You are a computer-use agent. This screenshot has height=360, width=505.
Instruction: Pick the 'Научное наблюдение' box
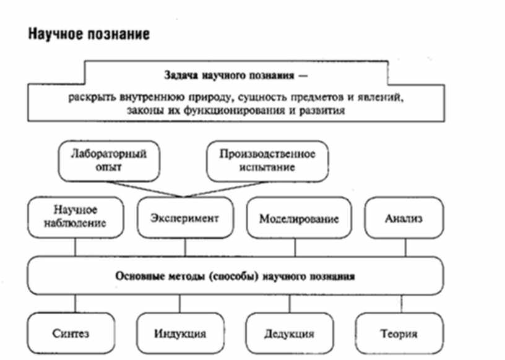[76, 216]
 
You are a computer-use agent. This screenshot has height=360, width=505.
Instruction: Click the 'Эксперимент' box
[184, 218]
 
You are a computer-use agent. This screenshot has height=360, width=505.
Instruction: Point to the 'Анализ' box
[404, 218]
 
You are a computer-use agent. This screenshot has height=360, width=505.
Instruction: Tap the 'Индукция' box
[179, 334]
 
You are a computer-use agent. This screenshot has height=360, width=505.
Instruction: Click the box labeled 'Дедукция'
[288, 334]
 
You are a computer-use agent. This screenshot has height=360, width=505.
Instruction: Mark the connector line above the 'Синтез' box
[76, 303]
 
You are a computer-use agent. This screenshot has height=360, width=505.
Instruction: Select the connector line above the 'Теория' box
[403, 303]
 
